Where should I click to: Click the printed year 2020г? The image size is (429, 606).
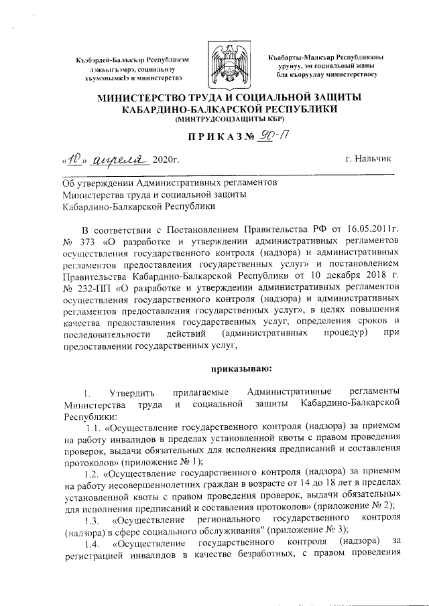point(166,159)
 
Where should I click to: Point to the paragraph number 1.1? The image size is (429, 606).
point(95,426)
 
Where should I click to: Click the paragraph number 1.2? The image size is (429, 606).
point(95,474)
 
